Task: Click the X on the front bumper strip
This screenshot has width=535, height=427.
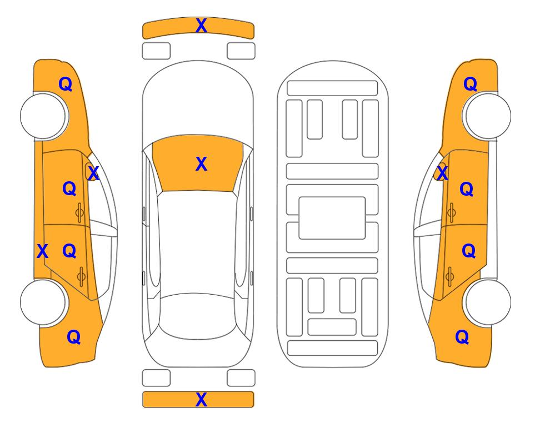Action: (201, 26)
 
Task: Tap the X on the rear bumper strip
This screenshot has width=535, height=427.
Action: (201, 399)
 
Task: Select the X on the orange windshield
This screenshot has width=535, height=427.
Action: (201, 164)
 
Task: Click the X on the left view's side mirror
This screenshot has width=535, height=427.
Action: (93, 173)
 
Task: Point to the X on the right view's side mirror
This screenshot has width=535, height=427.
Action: (442, 173)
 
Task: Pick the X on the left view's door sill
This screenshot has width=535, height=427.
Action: (42, 251)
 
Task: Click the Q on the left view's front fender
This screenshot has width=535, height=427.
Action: (66, 84)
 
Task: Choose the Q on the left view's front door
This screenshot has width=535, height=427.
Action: (69, 188)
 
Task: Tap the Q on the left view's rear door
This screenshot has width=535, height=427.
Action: (69, 251)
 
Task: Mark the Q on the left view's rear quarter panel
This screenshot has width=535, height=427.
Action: (74, 337)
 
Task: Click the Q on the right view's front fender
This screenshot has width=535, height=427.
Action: (470, 84)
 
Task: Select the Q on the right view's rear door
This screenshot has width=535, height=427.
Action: (468, 251)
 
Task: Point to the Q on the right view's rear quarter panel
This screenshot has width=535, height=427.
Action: (462, 337)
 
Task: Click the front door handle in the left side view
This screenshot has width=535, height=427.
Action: (79, 212)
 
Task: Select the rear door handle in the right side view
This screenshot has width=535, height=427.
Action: (450, 276)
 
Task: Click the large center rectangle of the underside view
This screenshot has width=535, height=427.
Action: (332, 218)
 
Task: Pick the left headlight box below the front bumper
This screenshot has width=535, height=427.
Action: (156, 51)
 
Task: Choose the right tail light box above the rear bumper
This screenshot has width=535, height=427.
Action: (241, 378)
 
